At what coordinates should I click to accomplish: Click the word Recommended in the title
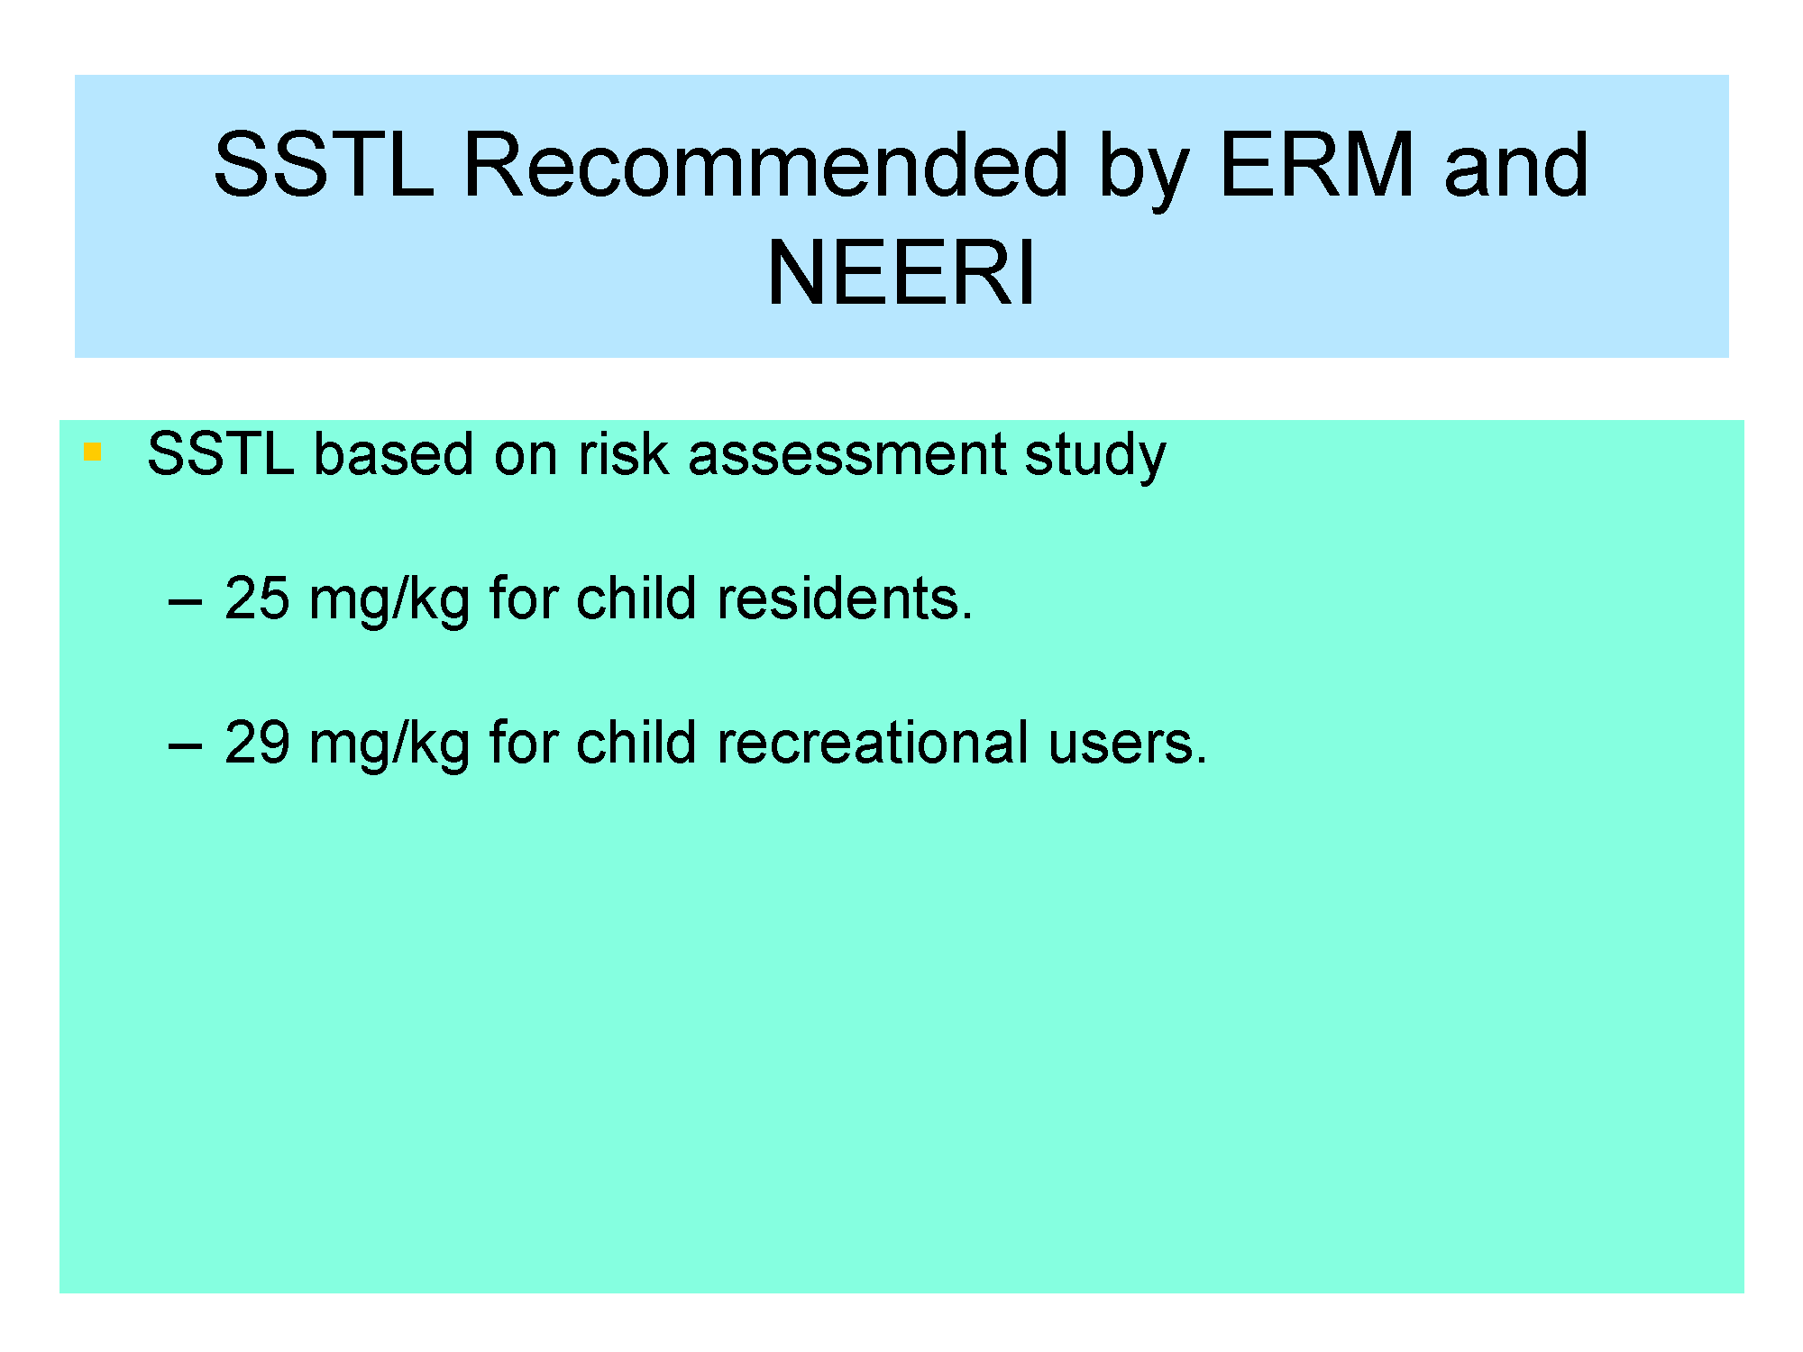click(765, 164)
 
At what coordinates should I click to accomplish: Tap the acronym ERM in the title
click(1316, 164)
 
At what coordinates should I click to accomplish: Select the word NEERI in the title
click(901, 272)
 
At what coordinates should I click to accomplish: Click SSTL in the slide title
click(324, 164)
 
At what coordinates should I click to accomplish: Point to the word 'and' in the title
click(1515, 164)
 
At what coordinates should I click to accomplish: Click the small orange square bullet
click(91, 452)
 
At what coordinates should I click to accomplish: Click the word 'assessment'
click(847, 453)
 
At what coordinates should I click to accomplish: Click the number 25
click(257, 598)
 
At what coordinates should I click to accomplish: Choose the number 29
click(257, 743)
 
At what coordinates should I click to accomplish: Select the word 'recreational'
click(873, 743)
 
